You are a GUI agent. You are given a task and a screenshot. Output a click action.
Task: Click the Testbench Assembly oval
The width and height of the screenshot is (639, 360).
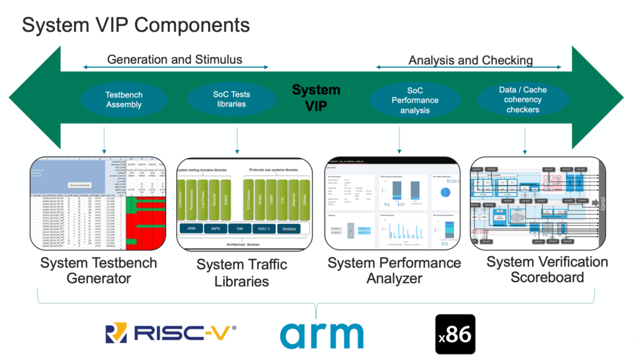coord(124,100)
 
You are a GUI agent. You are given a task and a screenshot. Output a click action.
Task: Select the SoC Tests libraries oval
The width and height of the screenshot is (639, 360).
coord(231,99)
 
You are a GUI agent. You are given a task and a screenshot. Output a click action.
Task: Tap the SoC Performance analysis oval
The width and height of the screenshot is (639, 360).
coord(415,100)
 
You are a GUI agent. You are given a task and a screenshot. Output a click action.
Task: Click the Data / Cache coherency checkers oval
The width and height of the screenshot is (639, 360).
coord(522,100)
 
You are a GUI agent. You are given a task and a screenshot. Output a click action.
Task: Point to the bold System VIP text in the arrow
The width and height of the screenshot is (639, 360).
coord(316,97)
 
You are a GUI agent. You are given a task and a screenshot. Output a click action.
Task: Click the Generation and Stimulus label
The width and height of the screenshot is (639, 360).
coord(175,60)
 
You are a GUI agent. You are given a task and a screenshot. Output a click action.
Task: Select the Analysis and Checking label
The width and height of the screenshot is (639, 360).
coord(470,61)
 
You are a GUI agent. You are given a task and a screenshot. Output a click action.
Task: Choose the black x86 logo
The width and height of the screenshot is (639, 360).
coord(455,334)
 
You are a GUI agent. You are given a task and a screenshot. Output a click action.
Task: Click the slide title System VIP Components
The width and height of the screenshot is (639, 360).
coord(136,25)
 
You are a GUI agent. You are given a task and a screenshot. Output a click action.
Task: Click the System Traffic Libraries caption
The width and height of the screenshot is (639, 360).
coord(241,273)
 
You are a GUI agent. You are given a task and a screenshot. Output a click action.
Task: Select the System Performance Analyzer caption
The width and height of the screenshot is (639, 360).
coord(394,270)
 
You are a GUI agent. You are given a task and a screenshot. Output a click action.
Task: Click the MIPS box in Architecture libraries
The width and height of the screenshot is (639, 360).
coord(215,229)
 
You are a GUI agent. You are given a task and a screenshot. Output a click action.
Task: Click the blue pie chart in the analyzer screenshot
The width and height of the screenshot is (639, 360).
coord(445,192)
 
